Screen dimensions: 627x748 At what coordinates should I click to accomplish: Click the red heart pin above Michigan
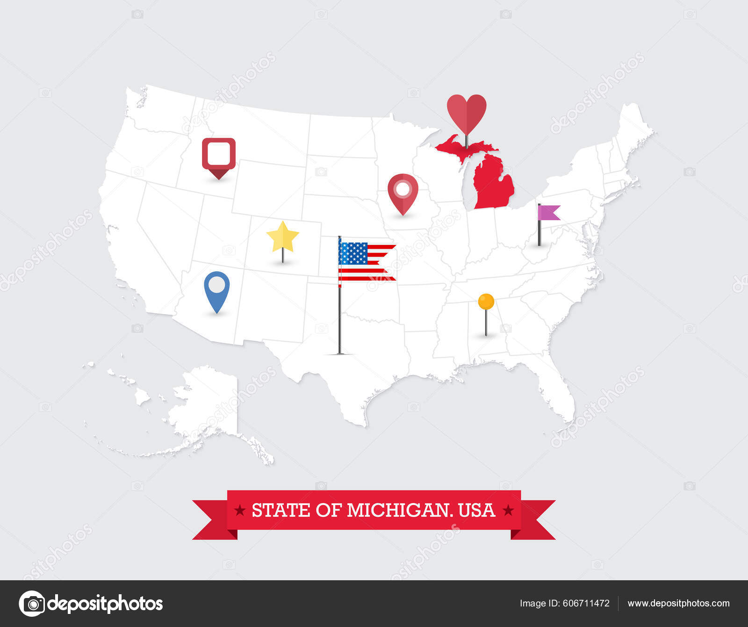click(x=467, y=112)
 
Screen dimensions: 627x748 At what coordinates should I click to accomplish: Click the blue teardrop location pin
click(x=217, y=286)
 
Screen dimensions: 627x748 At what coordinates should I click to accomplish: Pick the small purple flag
click(x=548, y=213)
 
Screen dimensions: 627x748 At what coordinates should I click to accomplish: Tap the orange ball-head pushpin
click(x=486, y=302)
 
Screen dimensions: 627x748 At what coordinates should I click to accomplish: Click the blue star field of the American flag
click(x=353, y=253)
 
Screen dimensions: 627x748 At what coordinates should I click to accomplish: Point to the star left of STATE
click(x=240, y=510)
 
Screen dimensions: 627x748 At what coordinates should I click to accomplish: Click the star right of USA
click(x=508, y=510)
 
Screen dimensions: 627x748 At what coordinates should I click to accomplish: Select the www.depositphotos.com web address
click(x=678, y=603)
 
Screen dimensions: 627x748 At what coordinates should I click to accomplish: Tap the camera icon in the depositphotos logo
click(x=32, y=604)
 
